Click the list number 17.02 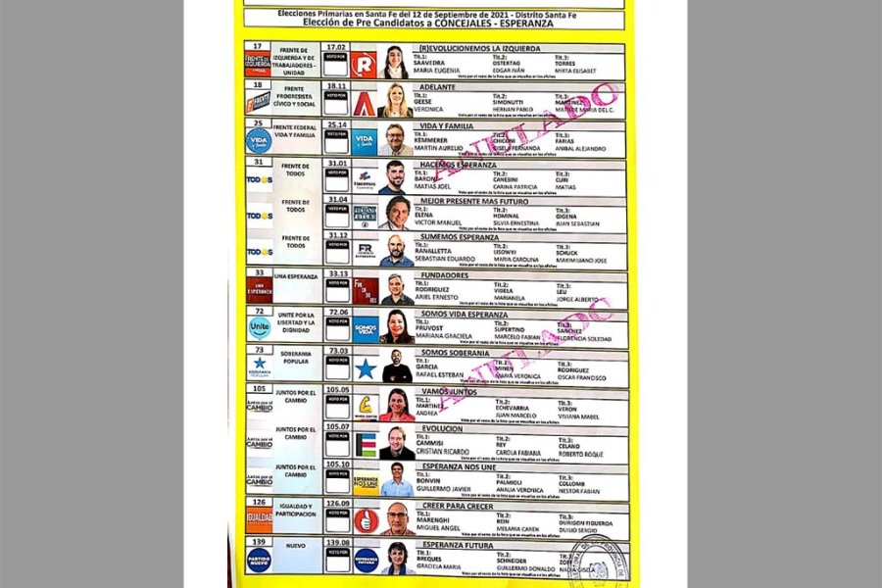pos(336,46)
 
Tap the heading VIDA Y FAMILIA pos(446,125)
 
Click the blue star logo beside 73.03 pos(366,368)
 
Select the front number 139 pos(259,541)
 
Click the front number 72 pos(259,311)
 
